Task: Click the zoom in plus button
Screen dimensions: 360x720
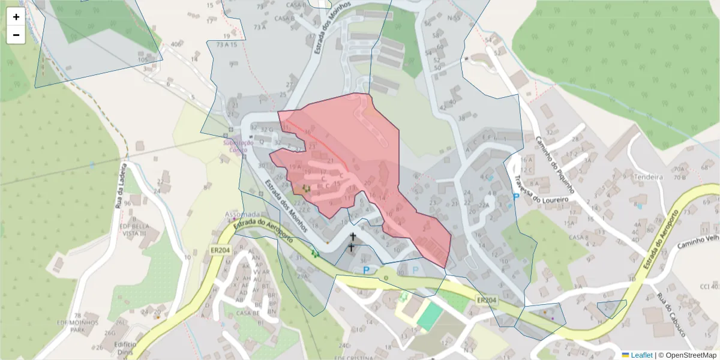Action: pyautogui.click(x=16, y=17)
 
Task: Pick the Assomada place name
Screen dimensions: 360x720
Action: pyautogui.click(x=242, y=214)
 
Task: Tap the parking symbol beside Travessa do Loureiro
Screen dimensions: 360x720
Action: pyautogui.click(x=515, y=196)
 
